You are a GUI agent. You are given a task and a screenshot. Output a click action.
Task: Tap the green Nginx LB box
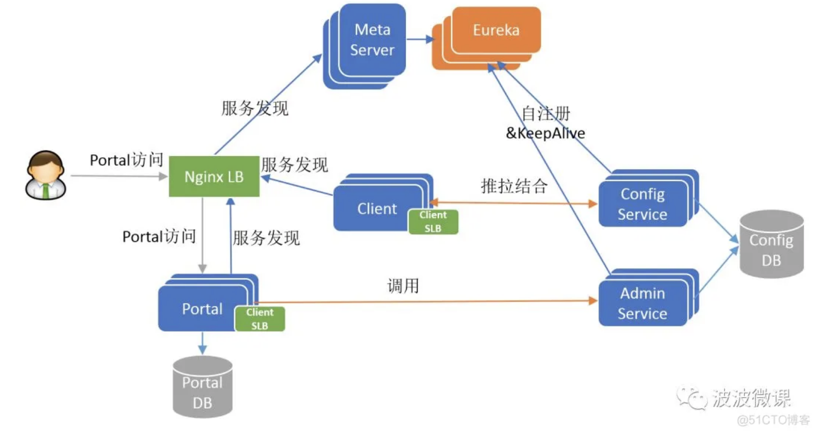coord(214,177)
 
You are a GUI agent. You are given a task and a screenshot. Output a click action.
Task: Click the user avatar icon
coord(46,175)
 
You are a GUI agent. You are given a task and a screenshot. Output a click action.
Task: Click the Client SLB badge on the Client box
coord(433,222)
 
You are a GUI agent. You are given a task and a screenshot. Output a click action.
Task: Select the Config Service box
coord(643,204)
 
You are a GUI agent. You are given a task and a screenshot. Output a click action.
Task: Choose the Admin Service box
coord(643,303)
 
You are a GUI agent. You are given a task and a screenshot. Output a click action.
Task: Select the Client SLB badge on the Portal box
coord(260,319)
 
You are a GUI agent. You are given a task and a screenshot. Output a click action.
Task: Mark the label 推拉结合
coord(514,186)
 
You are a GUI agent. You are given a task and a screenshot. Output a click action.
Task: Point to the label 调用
coord(403,286)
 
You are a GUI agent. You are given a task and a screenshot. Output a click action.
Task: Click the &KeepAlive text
coord(545,133)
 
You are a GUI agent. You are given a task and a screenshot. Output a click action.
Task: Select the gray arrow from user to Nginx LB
coord(119,176)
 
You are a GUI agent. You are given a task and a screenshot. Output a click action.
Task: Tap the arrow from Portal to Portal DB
coord(202,343)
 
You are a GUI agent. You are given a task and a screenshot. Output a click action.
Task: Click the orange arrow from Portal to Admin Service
coord(426,301)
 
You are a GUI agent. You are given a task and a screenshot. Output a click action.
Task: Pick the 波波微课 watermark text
coord(751,398)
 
